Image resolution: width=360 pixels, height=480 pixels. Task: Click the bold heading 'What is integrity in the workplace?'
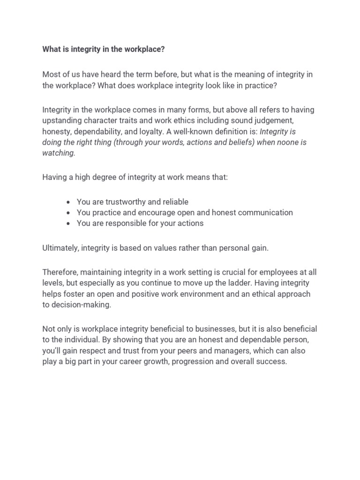click(x=104, y=49)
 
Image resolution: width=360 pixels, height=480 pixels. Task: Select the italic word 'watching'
click(x=58, y=153)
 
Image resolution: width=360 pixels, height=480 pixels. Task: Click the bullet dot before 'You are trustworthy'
click(x=68, y=202)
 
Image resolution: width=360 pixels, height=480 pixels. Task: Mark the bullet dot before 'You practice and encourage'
click(x=68, y=213)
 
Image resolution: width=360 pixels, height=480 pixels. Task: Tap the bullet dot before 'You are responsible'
click(x=68, y=224)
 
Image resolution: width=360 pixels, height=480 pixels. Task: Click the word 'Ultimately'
click(x=60, y=248)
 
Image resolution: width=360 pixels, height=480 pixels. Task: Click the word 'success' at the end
click(x=272, y=361)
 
